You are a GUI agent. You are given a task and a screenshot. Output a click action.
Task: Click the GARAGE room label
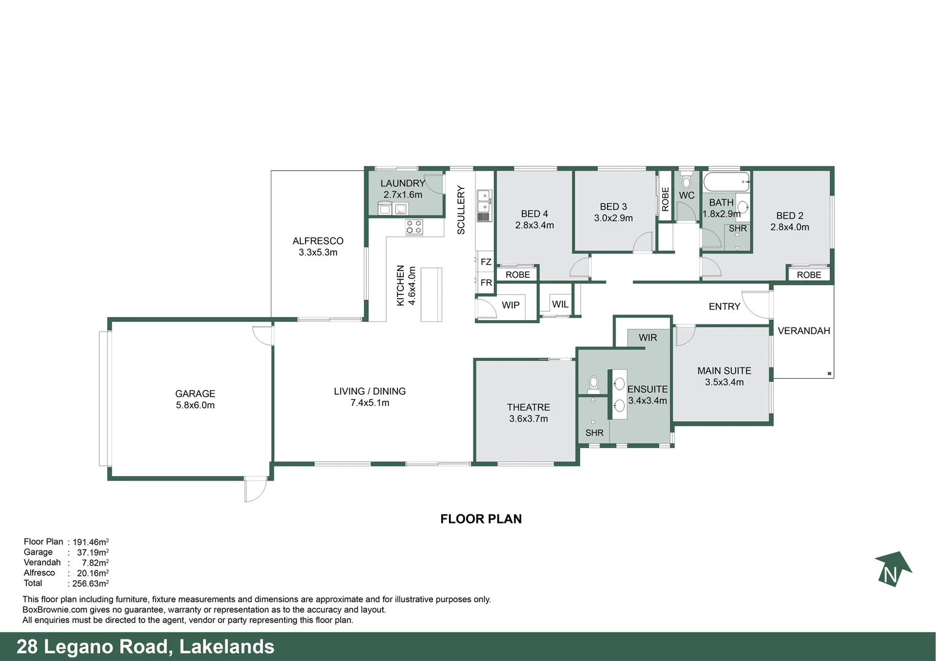pos(195,394)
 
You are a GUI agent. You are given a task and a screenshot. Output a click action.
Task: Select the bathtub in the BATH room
pos(726,182)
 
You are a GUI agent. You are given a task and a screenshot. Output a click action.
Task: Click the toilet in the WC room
pos(686,181)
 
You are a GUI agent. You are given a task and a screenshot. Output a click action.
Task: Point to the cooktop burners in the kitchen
pos(414,227)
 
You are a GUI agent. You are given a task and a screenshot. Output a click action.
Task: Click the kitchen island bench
pos(431,294)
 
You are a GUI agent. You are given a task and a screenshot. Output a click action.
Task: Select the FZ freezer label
pos(486,262)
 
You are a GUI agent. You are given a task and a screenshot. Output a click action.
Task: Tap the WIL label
pos(560,304)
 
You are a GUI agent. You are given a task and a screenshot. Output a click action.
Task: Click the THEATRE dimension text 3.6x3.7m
pos(528,419)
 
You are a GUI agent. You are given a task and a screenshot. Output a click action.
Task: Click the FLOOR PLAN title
pos(481,519)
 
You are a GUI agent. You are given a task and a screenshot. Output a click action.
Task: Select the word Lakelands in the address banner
pos(227,647)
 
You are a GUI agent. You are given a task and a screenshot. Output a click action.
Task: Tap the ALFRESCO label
pos(318,241)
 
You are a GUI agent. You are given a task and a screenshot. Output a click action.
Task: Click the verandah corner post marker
pos(829,373)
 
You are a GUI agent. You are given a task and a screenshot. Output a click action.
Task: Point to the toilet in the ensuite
pos(593,384)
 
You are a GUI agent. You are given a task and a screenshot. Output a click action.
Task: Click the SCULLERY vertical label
pos(461,210)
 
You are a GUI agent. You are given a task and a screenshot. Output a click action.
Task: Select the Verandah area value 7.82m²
pos(95,563)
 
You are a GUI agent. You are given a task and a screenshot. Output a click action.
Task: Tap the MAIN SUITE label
pos(724,371)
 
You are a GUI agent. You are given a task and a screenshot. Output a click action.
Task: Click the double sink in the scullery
pos(483,201)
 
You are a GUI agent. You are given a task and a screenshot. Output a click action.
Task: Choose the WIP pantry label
pos(510,305)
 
